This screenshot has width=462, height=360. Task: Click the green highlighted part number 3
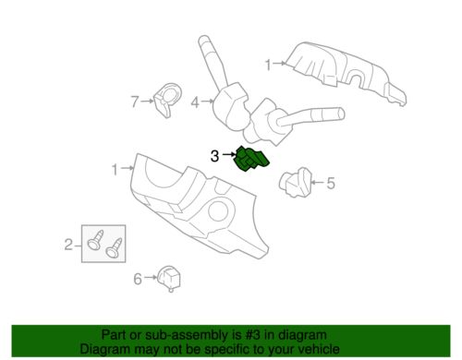click(x=251, y=159)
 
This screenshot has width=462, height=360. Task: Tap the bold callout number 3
click(x=214, y=156)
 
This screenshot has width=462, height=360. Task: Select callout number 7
click(x=135, y=102)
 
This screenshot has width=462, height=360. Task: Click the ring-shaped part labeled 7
click(x=167, y=100)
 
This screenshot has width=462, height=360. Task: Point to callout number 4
click(x=195, y=102)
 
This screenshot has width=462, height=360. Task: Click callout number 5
click(x=331, y=183)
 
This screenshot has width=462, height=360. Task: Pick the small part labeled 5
click(x=296, y=182)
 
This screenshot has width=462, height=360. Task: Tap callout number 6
click(x=138, y=279)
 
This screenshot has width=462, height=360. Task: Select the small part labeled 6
click(x=169, y=278)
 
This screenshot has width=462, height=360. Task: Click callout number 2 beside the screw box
click(x=68, y=245)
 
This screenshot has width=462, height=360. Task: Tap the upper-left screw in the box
click(x=95, y=240)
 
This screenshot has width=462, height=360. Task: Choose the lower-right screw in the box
click(x=114, y=247)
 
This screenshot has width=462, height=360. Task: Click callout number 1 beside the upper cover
click(x=268, y=65)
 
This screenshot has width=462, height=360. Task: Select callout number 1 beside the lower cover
click(x=115, y=170)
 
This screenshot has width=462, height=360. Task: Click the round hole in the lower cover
click(x=218, y=210)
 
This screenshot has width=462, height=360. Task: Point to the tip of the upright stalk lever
click(x=203, y=40)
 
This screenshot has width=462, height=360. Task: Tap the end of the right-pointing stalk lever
click(x=340, y=114)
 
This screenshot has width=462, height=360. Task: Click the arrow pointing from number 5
click(x=318, y=183)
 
